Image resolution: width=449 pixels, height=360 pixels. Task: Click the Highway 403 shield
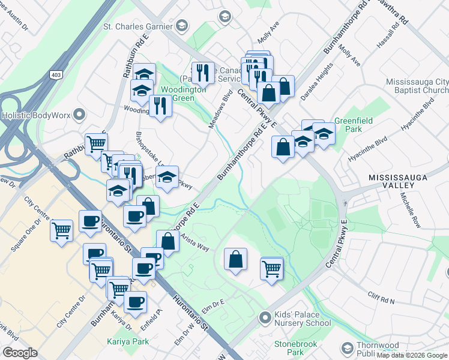tap(56, 74)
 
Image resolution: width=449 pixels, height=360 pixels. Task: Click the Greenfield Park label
tap(354, 125)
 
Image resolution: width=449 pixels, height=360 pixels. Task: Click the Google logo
tap(20, 353)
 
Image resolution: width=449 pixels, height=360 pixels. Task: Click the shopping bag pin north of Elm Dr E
tap(236, 259)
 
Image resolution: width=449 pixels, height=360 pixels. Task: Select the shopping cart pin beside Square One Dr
tap(61, 230)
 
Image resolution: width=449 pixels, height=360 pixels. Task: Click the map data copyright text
tap(411, 355)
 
